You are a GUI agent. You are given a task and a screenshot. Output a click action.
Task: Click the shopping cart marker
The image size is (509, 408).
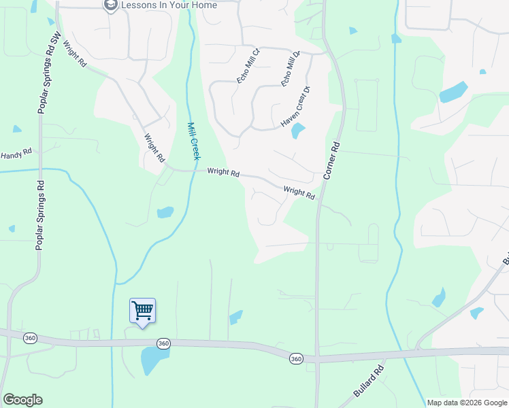143,311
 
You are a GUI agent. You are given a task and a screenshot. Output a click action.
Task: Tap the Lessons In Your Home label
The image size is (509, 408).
169,5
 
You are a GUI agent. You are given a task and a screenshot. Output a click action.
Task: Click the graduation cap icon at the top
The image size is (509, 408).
110,5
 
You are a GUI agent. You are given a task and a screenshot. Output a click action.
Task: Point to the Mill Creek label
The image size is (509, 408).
193,141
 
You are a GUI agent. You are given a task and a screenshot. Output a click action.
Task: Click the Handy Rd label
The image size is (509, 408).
16,156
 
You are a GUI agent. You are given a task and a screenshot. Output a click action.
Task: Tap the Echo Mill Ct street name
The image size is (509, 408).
248,66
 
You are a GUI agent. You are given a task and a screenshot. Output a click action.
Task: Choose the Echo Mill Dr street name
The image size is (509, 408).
291,68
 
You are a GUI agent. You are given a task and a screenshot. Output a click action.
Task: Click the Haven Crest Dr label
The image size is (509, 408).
295,107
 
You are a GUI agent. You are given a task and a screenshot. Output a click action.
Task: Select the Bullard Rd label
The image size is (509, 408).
369,382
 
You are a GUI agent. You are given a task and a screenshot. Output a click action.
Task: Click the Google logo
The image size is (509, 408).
22,400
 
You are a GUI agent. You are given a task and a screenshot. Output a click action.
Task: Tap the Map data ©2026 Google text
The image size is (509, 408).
467,403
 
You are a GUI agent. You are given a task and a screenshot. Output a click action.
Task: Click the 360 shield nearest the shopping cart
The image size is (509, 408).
163,344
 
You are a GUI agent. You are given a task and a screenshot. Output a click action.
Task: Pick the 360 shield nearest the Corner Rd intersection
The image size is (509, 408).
295,358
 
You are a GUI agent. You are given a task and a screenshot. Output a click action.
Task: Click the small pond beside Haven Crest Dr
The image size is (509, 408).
298,131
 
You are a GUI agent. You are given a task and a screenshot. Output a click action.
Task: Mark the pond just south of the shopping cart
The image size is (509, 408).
150,360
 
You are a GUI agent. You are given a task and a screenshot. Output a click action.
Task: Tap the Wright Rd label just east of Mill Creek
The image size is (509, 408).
223,173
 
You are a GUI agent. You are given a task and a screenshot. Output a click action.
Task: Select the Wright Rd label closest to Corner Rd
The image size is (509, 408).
299,194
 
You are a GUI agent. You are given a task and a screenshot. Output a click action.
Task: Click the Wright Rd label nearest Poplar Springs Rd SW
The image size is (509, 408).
74,54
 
